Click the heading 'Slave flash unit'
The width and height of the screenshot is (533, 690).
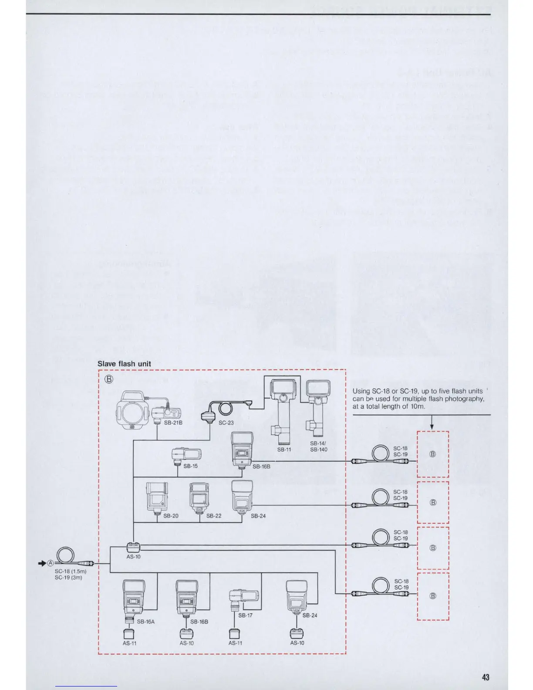pyautogui.click(x=124, y=364)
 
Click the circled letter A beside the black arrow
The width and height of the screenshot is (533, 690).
pyautogui.click(x=50, y=563)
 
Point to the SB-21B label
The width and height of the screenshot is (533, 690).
pyautogui.click(x=173, y=423)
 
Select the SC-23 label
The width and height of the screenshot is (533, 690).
pyautogui.click(x=226, y=423)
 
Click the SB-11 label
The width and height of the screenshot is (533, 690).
pyautogui.click(x=284, y=449)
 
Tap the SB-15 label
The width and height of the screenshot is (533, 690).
pyautogui.click(x=190, y=466)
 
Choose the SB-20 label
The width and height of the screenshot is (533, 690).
pyautogui.click(x=171, y=516)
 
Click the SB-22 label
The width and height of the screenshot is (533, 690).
pyautogui.click(x=214, y=516)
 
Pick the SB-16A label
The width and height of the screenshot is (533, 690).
pyautogui.click(x=145, y=622)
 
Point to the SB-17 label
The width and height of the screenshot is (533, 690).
pyautogui.click(x=245, y=616)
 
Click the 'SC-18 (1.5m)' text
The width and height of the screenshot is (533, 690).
pyautogui.click(x=70, y=571)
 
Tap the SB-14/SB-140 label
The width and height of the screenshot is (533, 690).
pyautogui.click(x=318, y=446)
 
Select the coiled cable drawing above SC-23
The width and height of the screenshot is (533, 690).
pyautogui.click(x=225, y=407)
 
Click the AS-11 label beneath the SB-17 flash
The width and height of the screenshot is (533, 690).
pyautogui.click(x=235, y=643)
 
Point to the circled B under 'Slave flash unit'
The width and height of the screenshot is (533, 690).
pyautogui.click(x=109, y=379)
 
